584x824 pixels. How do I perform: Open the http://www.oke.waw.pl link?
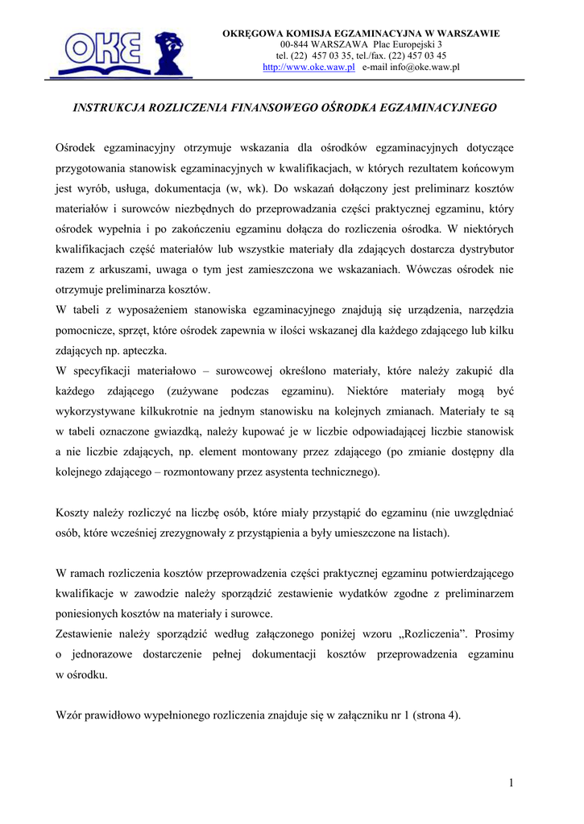click(x=309, y=68)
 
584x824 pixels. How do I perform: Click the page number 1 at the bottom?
click(x=511, y=783)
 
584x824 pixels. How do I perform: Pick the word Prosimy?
click(x=494, y=634)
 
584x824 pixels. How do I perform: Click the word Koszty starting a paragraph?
click(x=72, y=512)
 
